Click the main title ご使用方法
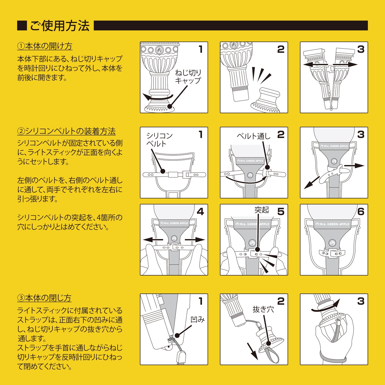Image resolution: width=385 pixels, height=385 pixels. click(59, 26)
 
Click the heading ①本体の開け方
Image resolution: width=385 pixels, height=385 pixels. click(45, 46)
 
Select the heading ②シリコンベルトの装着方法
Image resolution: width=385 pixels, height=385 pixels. click(66, 131)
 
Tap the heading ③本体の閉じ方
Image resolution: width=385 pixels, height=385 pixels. click(44, 298)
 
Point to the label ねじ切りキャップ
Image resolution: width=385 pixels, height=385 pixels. click(188, 76)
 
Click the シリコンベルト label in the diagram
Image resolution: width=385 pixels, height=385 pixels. click(159, 140)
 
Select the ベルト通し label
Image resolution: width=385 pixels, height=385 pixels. click(253, 136)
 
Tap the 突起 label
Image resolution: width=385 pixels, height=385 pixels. click(261, 210)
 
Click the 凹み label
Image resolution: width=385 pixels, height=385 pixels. click(197, 319)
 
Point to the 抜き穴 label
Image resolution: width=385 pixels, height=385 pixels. click(263, 309)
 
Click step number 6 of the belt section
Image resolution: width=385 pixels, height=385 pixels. click(361, 212)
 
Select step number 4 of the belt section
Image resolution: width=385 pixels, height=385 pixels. click(200, 212)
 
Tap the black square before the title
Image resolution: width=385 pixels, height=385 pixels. click(22, 26)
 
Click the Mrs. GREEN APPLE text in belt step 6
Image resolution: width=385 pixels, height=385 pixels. click(334, 224)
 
